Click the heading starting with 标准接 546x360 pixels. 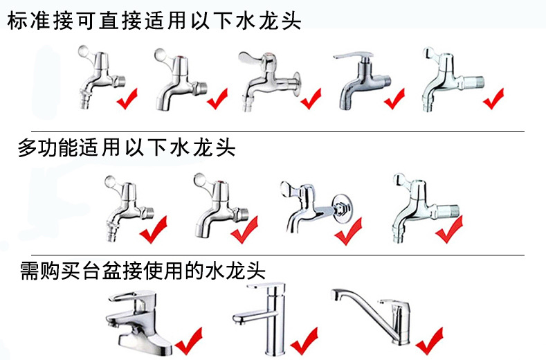click(x=154, y=20)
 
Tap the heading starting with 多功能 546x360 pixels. click(x=127, y=147)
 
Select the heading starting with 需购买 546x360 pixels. click(x=143, y=271)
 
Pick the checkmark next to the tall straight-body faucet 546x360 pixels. click(x=304, y=341)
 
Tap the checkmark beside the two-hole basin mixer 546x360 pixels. click(x=188, y=341)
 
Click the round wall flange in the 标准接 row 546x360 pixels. click(x=296, y=84)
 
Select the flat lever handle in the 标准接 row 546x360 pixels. click(x=353, y=56)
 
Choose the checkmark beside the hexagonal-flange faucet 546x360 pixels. click(x=348, y=231)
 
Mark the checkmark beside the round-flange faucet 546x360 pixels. click(x=311, y=98)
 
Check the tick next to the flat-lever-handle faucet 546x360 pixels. click(x=394, y=98)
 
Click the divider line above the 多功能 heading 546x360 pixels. click(x=277, y=131)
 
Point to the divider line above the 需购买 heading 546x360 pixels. click(x=277, y=255)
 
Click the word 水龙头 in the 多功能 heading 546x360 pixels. click(x=203, y=147)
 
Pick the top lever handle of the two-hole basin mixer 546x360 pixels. click(x=131, y=296)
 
